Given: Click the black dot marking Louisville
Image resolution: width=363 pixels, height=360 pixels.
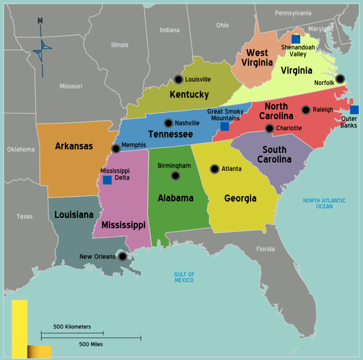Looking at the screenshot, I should (x=178, y=79).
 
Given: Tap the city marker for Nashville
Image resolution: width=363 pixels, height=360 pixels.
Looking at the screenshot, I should (x=169, y=123).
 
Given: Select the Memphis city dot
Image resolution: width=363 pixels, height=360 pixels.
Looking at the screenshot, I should (x=116, y=148).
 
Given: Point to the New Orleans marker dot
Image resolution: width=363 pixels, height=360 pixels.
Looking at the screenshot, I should (x=122, y=256).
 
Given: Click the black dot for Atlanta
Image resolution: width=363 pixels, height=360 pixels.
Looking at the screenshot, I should (x=215, y=169).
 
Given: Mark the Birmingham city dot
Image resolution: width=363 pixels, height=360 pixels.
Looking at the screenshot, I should (x=175, y=175).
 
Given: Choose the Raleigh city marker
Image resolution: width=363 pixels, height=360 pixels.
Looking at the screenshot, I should (x=306, y=109).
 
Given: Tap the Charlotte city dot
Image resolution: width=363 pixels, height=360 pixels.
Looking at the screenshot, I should (x=270, y=128).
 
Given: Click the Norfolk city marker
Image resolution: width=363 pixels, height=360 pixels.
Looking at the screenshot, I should (x=340, y=79).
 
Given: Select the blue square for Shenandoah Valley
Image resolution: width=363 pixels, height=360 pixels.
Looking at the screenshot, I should (x=296, y=39).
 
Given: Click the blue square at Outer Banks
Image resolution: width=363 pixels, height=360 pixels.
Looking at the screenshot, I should (x=354, y=109).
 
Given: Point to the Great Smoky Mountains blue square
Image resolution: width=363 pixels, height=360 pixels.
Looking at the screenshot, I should (x=225, y=126).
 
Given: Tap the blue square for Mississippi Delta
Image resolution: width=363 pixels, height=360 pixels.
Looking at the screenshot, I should (x=107, y=180).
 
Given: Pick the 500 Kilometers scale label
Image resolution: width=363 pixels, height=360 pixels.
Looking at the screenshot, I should (x=72, y=327).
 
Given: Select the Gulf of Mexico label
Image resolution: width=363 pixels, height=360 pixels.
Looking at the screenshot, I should (x=184, y=277).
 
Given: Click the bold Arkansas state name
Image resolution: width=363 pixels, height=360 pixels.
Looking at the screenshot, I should (x=74, y=146).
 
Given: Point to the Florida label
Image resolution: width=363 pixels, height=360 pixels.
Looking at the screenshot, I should (x=266, y=249).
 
